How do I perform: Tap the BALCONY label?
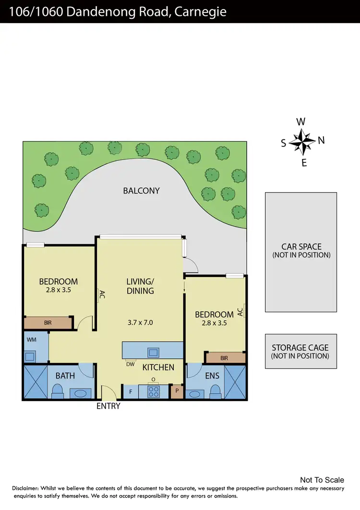pos(141,191)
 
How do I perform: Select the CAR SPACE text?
pos(301,247)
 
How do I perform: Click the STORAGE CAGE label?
pos(300,348)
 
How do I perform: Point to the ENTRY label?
pos(108,406)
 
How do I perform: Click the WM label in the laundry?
pos(32,340)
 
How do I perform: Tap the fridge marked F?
pos(131,391)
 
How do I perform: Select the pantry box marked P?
pos(177,391)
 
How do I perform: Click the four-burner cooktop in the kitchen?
pos(154,391)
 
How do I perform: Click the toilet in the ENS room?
pos(216,391)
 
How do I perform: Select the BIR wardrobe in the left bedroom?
pos(48,323)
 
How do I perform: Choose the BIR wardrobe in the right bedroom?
pos(225,358)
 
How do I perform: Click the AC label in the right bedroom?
pos(240,312)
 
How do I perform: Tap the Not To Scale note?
pos(322,480)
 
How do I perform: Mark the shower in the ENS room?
pos(235,382)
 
